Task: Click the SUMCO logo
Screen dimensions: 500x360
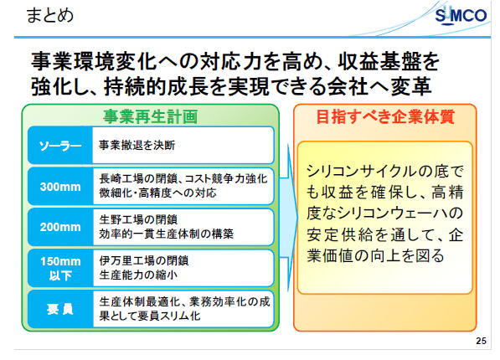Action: (x=461, y=15)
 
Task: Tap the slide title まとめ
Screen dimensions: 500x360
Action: (x=49, y=15)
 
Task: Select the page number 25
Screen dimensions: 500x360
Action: (x=482, y=341)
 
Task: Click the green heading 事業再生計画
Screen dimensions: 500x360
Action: (x=150, y=116)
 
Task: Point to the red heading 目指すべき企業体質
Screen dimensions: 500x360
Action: (x=385, y=116)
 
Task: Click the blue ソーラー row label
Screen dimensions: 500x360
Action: (x=60, y=146)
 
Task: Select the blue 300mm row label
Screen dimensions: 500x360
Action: (x=60, y=186)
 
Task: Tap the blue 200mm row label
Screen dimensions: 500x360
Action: (x=60, y=227)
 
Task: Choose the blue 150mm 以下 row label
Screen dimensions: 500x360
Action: (x=60, y=268)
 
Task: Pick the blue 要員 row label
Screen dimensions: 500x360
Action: (x=60, y=309)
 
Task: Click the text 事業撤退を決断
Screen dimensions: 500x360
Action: (x=137, y=146)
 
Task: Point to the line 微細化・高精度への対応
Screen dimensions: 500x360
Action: (x=157, y=193)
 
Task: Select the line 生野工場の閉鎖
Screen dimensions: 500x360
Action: (x=138, y=219)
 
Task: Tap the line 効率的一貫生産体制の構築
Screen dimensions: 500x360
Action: (x=166, y=234)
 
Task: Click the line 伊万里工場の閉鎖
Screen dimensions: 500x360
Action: (x=144, y=260)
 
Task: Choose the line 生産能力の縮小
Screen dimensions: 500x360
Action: (x=138, y=275)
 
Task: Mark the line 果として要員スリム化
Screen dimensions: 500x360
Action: (x=150, y=316)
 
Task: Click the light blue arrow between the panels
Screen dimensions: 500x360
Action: (x=289, y=218)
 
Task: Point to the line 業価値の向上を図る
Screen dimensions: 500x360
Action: (x=375, y=255)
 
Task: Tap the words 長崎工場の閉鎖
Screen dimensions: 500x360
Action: (x=138, y=179)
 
